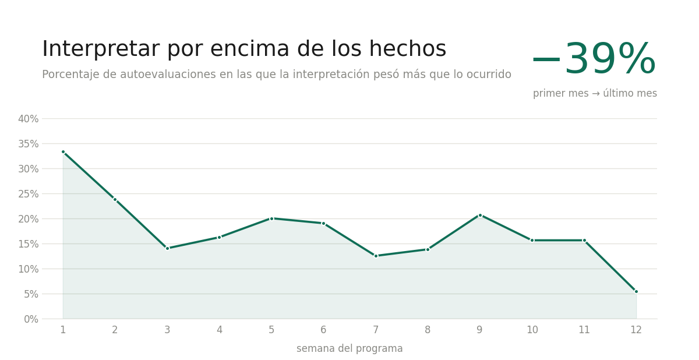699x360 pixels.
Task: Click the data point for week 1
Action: coord(63,152)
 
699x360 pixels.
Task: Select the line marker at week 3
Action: coord(167,248)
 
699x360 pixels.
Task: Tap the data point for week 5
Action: coord(271,218)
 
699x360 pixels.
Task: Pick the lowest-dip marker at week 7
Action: coord(376,256)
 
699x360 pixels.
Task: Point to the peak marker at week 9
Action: coord(480,216)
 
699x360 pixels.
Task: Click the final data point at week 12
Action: coord(636,292)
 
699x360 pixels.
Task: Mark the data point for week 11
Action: coord(584,240)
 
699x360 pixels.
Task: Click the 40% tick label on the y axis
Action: coord(28,119)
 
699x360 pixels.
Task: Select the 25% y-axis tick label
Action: coord(28,194)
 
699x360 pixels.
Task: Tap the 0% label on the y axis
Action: coord(31,319)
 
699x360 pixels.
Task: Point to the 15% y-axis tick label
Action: coord(28,244)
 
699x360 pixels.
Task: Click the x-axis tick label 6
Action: coord(323,330)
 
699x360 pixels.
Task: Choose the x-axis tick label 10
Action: coord(532,330)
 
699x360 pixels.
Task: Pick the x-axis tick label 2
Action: coord(115,330)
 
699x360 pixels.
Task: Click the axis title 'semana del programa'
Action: coord(349,348)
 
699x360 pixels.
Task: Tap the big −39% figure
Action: coord(594,59)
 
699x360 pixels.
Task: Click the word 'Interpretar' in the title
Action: coord(101,50)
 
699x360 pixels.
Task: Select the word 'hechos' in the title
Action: coord(408,49)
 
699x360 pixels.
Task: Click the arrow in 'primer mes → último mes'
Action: coord(596,93)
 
